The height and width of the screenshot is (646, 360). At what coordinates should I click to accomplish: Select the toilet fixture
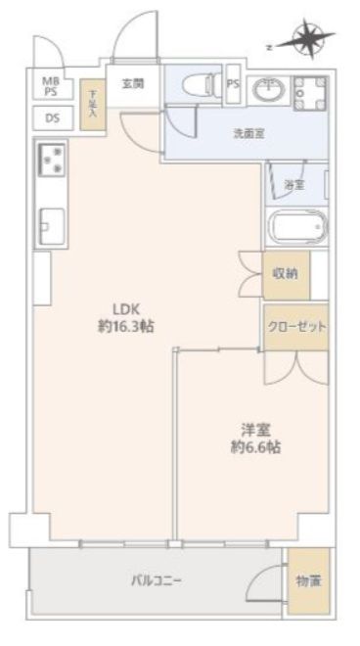[200, 84]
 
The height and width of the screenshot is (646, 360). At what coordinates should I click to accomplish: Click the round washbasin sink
[267, 91]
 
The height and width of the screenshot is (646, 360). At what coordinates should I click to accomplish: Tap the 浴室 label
[292, 184]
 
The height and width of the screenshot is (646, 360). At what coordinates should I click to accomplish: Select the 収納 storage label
[286, 275]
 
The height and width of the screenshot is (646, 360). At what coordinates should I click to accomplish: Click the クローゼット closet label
[294, 326]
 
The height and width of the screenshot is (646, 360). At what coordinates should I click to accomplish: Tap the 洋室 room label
[256, 429]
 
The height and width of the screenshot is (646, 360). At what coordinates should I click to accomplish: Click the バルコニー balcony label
[157, 580]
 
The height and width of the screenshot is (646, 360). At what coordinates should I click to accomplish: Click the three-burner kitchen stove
[51, 161]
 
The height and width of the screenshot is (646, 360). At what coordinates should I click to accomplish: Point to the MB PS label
[49, 85]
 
